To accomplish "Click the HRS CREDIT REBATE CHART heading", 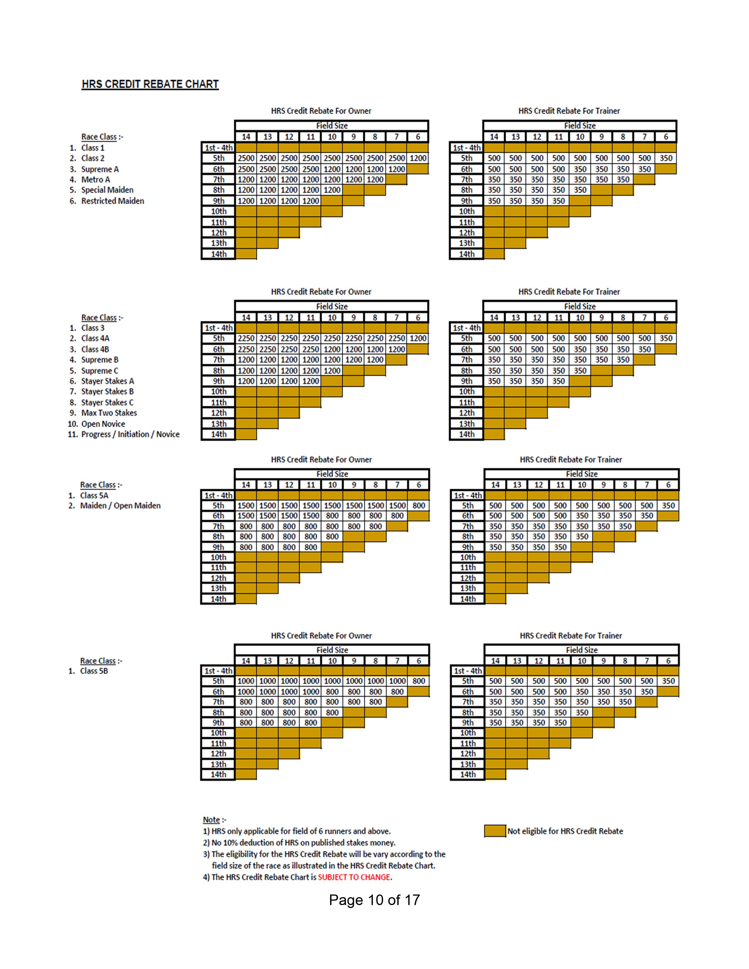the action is point(150,84).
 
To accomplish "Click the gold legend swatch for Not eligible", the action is point(495,831).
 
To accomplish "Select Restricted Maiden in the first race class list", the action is point(113,201).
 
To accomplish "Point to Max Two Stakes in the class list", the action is point(109,413).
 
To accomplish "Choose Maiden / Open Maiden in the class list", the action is point(120,506).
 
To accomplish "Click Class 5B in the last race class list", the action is point(94,671).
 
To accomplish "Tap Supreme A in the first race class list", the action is point(100,169).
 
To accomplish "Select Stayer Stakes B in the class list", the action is point(108,391).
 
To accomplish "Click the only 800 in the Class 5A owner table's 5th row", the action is point(419,505).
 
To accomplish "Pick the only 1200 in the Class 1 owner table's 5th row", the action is point(418,158).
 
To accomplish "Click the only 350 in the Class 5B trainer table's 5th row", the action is point(668,681).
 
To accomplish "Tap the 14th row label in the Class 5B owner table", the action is point(218,774).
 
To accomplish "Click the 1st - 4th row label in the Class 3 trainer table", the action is point(466,328).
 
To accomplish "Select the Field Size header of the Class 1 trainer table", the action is point(580,126).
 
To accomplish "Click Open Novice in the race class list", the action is point(103,424).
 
